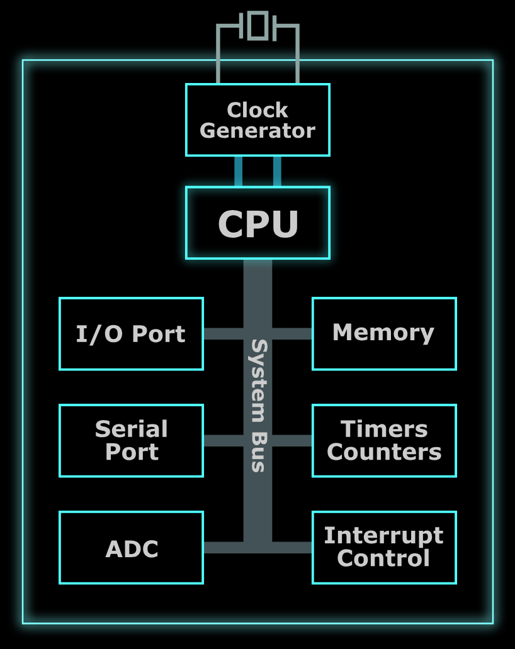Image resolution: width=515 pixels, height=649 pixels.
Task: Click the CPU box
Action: click(257, 223)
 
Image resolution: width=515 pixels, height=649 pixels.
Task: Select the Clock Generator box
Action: click(257, 119)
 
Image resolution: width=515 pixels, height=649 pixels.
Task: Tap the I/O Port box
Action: click(131, 333)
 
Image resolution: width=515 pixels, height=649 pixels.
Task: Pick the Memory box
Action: click(384, 333)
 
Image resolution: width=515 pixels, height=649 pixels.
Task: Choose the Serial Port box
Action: click(131, 440)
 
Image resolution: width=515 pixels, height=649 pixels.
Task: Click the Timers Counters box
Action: click(384, 440)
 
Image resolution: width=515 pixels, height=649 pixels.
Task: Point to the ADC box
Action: click(131, 547)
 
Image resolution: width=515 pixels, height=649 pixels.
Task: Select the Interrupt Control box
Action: click(384, 547)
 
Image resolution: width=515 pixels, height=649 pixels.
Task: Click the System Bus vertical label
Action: click(258, 406)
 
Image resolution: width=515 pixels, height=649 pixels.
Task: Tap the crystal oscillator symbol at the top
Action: click(257, 25)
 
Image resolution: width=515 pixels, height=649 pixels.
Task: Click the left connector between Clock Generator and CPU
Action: click(238, 171)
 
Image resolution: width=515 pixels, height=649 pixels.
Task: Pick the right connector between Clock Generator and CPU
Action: click(277, 171)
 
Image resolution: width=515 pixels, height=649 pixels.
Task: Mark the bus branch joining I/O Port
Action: click(224, 333)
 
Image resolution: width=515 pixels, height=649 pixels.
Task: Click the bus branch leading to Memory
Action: click(292, 333)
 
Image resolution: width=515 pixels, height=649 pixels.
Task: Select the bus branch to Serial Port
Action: click(224, 440)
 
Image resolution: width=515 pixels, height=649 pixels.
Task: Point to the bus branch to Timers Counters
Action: click(292, 440)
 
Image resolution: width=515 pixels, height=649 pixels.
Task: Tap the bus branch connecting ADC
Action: click(224, 547)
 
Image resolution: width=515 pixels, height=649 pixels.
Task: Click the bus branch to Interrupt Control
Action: click(292, 547)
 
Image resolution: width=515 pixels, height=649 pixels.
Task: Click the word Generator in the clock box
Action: click(257, 131)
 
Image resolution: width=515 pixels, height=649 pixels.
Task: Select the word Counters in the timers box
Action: click(384, 452)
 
